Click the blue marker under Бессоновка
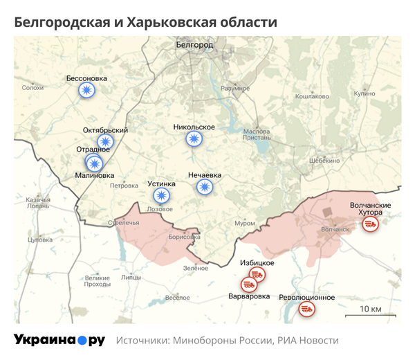(86, 91)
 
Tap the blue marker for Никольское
(194, 140)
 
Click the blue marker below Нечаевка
(204, 187)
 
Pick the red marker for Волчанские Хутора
(371, 224)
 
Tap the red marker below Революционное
(306, 309)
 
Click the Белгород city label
(195, 45)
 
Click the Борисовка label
(184, 236)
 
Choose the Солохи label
(33, 88)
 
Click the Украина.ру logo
(59, 341)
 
